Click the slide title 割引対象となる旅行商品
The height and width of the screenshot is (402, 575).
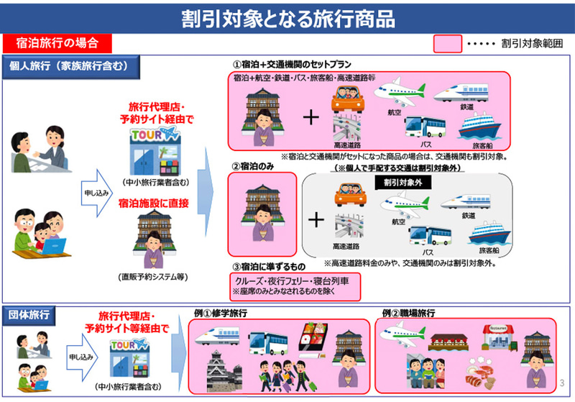[287, 17]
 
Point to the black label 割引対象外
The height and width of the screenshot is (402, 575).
[401, 183]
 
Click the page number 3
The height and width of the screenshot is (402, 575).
[562, 382]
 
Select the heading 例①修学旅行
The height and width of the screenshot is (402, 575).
[224, 314]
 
